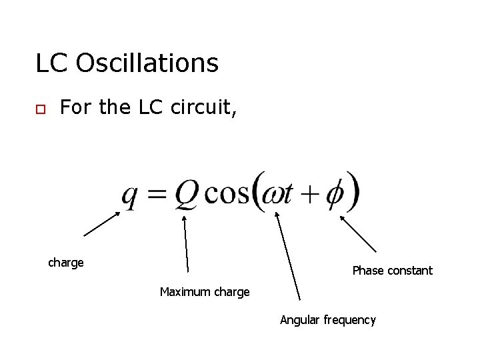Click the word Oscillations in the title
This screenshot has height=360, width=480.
(x=147, y=63)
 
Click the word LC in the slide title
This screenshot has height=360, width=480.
(x=52, y=63)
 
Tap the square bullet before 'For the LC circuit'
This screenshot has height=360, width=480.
(x=40, y=110)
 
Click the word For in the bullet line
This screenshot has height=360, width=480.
(x=75, y=107)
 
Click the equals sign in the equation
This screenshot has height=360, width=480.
(x=157, y=194)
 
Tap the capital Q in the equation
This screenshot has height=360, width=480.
(x=185, y=194)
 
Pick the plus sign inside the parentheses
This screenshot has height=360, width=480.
(x=309, y=193)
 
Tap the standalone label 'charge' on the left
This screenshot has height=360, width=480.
(x=66, y=263)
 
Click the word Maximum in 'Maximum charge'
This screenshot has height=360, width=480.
(x=184, y=292)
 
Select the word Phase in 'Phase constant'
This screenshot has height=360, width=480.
(x=367, y=271)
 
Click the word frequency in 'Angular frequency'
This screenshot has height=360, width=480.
(x=349, y=321)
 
